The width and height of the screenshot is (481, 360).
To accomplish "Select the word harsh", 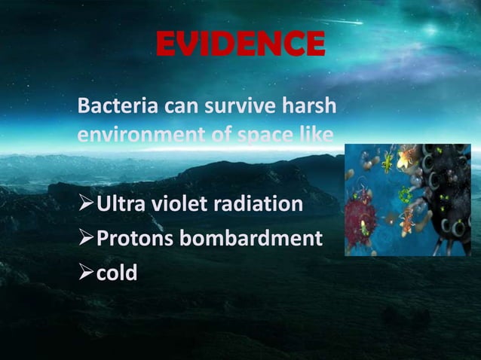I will (x=308, y=108).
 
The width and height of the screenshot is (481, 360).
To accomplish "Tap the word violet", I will (x=184, y=205).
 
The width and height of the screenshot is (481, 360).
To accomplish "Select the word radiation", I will (x=262, y=205).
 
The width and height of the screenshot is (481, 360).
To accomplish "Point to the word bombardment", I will (x=253, y=239).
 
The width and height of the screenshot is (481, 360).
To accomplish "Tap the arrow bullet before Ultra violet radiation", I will (x=87, y=205).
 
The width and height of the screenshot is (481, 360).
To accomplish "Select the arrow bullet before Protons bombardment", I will (x=87, y=239).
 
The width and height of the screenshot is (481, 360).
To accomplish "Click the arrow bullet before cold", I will (x=87, y=272).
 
